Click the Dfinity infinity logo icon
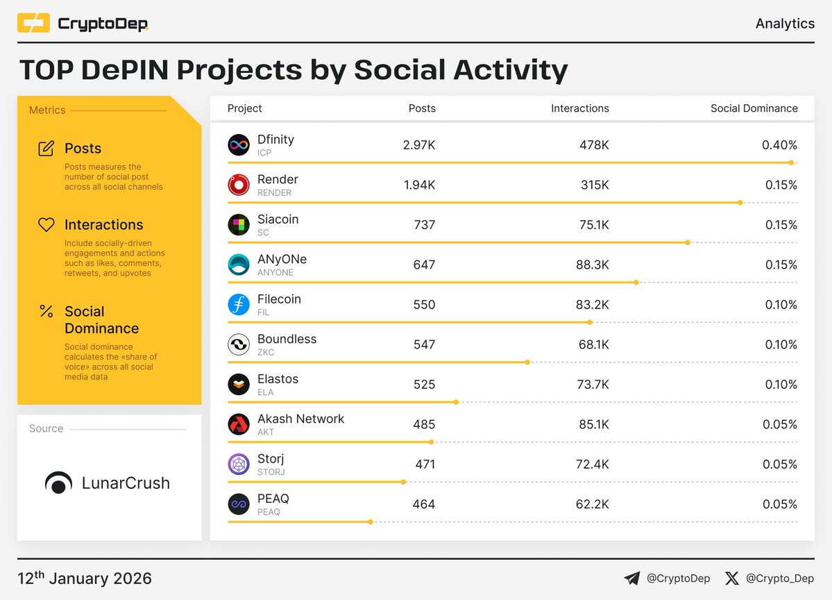coord(239,145)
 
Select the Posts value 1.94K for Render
coord(419,185)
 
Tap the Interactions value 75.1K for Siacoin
coord(594,225)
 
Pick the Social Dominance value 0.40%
coord(779,145)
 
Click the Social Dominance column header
coord(754,108)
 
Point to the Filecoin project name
coord(279,299)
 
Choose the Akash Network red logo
coord(239,424)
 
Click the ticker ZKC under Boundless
coord(266,352)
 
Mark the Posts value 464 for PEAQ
coord(423,504)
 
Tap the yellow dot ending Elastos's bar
coord(457,402)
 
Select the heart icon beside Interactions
coord(46,224)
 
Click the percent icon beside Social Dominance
coord(46,311)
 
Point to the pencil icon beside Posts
coord(46,148)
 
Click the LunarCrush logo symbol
coord(58,483)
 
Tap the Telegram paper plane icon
coord(631,578)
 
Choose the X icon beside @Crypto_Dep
coord(731,578)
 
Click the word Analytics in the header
coord(785,24)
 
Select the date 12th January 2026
coord(85,578)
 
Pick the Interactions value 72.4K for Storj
coord(594,465)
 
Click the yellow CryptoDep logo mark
coord(33,24)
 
